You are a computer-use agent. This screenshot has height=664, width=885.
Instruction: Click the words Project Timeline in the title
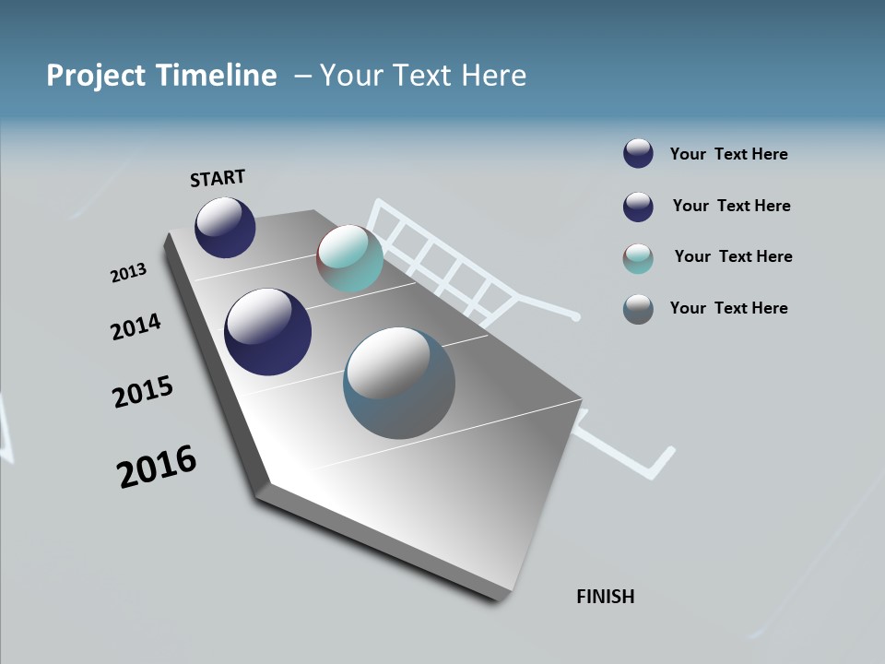coord(161,75)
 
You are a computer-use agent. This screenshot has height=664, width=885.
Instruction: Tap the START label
coord(218,178)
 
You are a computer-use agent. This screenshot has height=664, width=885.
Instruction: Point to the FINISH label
coord(606,597)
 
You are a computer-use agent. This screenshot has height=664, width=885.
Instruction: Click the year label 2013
coord(128,273)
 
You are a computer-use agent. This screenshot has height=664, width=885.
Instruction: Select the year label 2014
coord(136,326)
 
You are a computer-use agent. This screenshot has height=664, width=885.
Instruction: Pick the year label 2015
coord(143,392)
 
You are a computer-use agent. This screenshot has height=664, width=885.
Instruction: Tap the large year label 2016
coord(157,467)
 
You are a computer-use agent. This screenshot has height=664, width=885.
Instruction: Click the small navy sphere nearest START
coord(225,228)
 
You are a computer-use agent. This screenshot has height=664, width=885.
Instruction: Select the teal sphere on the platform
coord(349,258)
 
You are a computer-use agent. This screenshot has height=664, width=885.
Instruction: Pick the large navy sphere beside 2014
coord(267,332)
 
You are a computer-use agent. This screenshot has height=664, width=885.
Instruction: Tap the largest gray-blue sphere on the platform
coord(399,383)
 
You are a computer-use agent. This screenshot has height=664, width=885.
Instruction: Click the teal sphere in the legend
coord(638,258)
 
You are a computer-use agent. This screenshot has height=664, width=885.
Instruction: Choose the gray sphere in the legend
coord(638,309)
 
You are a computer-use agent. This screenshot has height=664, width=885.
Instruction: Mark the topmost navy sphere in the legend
coord(638,153)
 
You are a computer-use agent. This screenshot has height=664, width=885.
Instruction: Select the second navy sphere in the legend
coord(638,207)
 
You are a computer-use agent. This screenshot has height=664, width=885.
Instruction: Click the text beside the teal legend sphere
coord(733,256)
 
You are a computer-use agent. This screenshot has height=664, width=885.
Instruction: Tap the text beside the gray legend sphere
coord(728,308)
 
